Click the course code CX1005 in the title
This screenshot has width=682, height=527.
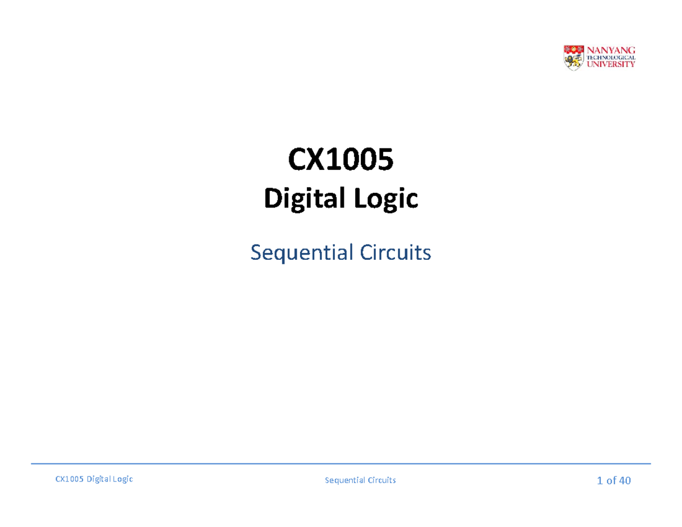pyautogui.click(x=340, y=160)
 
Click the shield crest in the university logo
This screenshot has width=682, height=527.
pyautogui.click(x=572, y=57)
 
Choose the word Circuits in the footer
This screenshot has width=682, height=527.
pyautogui.click(x=381, y=481)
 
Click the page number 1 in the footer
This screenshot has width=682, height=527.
pyautogui.click(x=600, y=481)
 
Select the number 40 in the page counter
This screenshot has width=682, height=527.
pyautogui.click(x=625, y=481)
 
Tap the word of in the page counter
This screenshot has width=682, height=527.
pyautogui.click(x=611, y=481)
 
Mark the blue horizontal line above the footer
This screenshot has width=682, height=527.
pyautogui.click(x=341, y=464)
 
